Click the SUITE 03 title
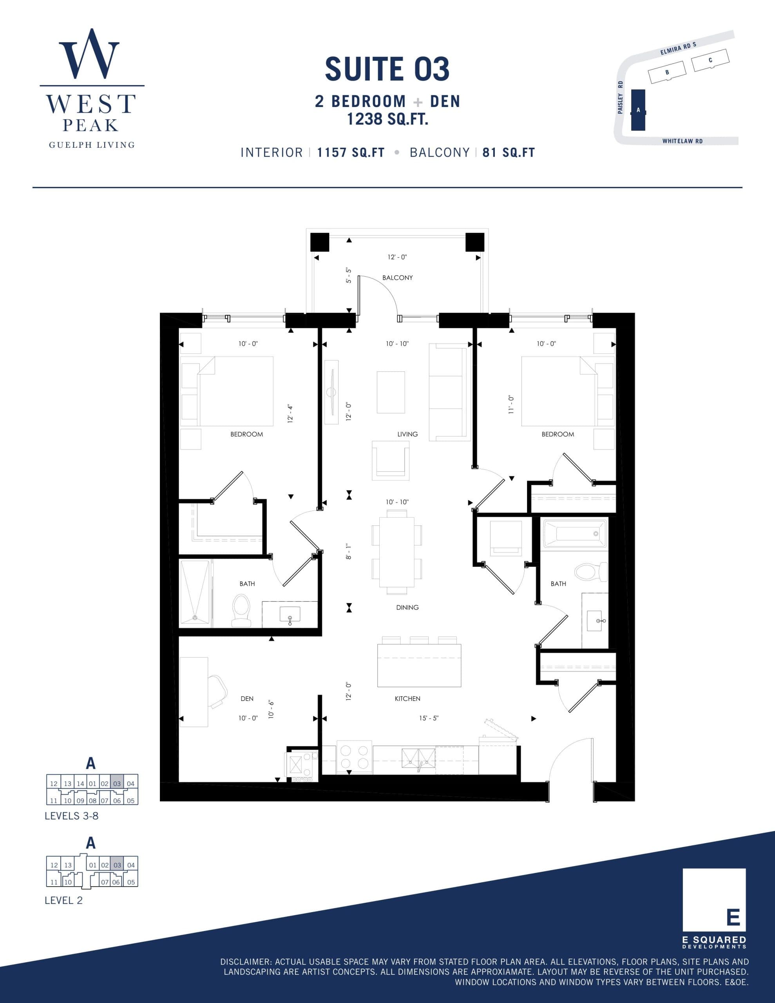point(387,69)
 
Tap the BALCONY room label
point(397,277)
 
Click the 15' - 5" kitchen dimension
point(428,718)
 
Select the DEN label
point(247,699)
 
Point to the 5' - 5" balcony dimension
point(349,275)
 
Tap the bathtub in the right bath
point(575,534)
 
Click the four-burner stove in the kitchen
point(354,757)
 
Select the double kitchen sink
point(418,758)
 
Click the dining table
point(397,552)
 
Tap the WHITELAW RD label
point(682,141)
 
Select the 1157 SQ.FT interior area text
point(351,152)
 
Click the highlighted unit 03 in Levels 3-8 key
point(117,784)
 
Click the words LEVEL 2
point(63,900)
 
